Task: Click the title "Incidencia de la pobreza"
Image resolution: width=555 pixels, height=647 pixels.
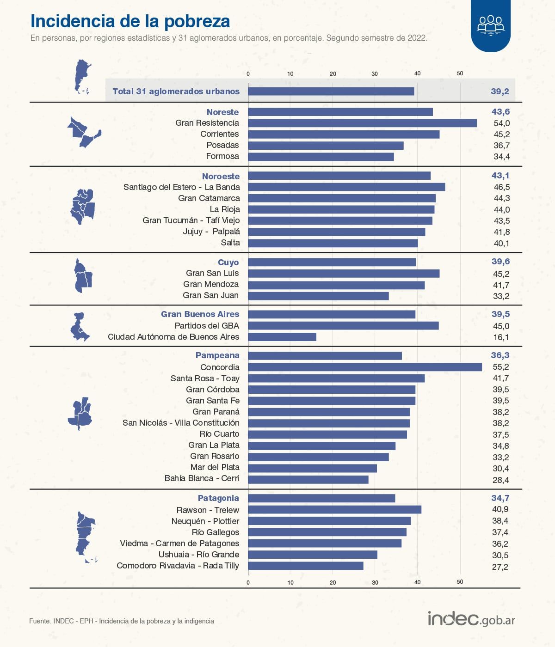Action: click(x=130, y=21)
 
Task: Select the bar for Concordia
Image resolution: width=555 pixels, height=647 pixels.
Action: click(x=364, y=367)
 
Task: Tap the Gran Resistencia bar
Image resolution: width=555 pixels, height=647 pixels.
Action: click(x=362, y=123)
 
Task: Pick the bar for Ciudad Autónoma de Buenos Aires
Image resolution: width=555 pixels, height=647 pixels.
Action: click(x=282, y=337)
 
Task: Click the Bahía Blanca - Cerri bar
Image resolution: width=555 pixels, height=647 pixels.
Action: click(x=308, y=479)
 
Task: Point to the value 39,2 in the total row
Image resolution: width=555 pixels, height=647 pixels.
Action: click(x=499, y=92)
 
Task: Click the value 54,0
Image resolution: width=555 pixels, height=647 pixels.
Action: click(x=501, y=123)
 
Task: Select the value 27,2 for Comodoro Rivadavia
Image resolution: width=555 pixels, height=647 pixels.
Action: click(x=500, y=567)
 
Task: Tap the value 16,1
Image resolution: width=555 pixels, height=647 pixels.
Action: click(x=501, y=337)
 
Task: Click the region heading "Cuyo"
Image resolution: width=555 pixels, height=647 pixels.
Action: click(x=228, y=262)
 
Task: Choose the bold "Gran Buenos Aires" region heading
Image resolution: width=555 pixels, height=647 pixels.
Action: click(x=200, y=314)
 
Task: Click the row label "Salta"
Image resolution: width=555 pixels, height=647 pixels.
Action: click(x=230, y=243)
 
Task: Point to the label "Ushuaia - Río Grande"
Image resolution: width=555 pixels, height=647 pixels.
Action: click(x=199, y=555)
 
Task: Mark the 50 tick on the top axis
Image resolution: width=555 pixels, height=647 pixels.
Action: click(x=460, y=73)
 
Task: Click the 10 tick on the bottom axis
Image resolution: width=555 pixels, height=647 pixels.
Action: click(x=290, y=582)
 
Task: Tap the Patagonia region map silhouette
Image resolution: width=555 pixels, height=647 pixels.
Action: click(x=85, y=536)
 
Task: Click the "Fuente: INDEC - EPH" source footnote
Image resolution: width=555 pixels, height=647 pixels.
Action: click(x=122, y=621)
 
